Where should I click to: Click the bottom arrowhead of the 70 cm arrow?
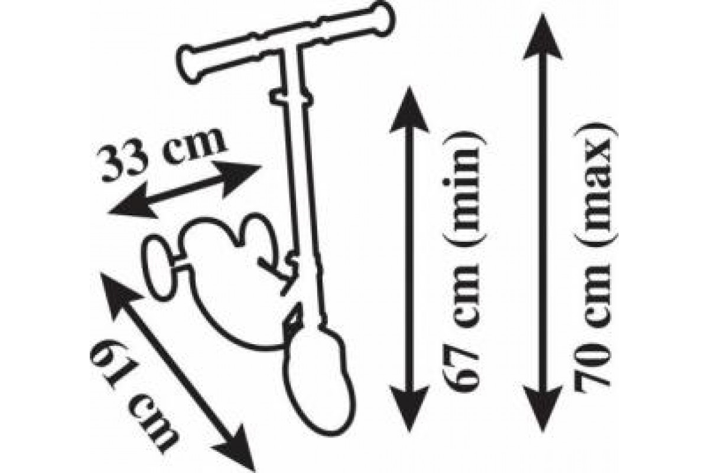point(542,409)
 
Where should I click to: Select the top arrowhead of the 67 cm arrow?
point(409,109)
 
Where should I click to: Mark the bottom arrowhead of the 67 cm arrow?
point(409,409)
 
